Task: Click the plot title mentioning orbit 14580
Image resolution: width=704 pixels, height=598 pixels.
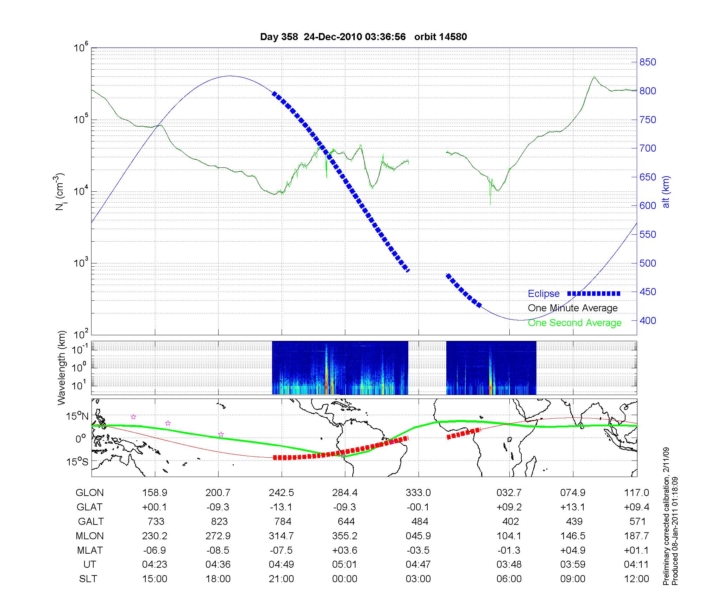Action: click(x=363, y=37)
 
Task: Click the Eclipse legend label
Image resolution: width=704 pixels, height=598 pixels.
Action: click(x=543, y=294)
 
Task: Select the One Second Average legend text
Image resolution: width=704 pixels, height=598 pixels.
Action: click(x=574, y=323)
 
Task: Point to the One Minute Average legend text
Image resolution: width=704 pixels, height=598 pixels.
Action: click(x=573, y=308)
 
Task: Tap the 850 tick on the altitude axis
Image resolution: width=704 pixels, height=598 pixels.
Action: click(x=648, y=62)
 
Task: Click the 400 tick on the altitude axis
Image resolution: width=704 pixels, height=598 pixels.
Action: click(x=648, y=320)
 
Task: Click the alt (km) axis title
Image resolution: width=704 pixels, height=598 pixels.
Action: click(x=666, y=192)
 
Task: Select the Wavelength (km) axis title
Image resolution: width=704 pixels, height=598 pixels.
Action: click(x=62, y=368)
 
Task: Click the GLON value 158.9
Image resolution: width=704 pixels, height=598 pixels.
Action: click(x=155, y=492)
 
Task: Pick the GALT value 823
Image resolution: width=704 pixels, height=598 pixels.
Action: click(x=219, y=521)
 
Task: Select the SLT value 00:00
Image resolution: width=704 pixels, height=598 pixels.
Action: click(x=345, y=579)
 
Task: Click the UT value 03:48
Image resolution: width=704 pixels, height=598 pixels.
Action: click(x=509, y=565)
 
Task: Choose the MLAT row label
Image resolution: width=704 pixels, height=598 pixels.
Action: click(x=89, y=550)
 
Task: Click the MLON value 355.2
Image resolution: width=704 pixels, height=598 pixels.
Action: click(x=345, y=536)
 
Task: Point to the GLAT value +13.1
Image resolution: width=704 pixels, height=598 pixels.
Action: click(x=573, y=507)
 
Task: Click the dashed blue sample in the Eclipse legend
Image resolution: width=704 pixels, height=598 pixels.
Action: click(x=594, y=293)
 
